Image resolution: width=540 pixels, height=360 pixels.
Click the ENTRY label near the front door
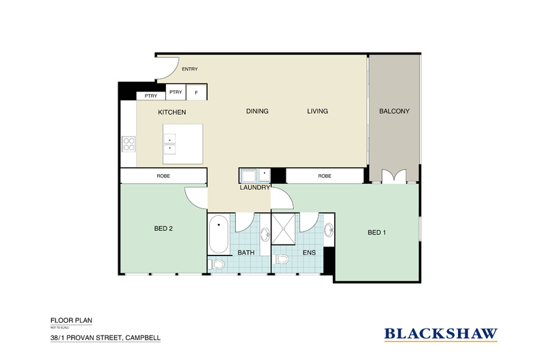(189, 69)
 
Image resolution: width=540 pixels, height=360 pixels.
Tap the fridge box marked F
(197, 92)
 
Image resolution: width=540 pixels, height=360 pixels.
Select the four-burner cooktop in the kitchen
(129, 143)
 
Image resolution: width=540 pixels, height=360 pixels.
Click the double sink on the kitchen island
(170, 144)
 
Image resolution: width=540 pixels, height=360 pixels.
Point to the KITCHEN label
(172, 112)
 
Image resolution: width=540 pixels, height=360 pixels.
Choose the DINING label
(257, 111)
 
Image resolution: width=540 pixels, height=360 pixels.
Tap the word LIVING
(317, 111)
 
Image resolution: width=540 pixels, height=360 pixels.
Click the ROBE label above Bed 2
(163, 176)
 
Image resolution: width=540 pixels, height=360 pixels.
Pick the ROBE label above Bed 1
(325, 176)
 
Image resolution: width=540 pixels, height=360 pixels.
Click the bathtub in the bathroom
(219, 233)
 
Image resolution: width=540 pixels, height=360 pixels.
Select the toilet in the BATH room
(218, 264)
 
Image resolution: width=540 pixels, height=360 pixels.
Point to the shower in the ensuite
(286, 227)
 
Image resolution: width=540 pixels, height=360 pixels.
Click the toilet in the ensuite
(281, 260)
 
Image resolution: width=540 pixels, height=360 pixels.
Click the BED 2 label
(163, 229)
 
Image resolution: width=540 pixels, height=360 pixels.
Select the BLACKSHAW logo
(441, 334)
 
